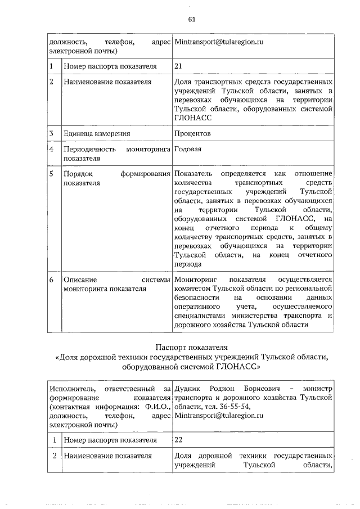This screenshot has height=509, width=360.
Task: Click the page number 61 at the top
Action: [x=191, y=19]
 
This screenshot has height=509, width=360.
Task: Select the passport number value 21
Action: [x=179, y=66]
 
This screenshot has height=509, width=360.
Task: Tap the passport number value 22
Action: [x=179, y=439]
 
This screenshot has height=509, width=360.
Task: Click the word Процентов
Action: [x=193, y=133]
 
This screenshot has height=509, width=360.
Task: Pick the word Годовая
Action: [x=188, y=149]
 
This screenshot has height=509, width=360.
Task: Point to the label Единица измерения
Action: [x=97, y=133]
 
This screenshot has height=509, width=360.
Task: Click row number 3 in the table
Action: [x=51, y=133]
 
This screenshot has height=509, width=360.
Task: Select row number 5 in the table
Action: [x=51, y=173]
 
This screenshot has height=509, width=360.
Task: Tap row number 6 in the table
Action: [x=51, y=280]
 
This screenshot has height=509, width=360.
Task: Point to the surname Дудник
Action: [x=187, y=388]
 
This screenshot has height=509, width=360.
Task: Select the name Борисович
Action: [x=262, y=388]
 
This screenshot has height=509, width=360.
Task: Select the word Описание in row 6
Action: [x=80, y=280]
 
